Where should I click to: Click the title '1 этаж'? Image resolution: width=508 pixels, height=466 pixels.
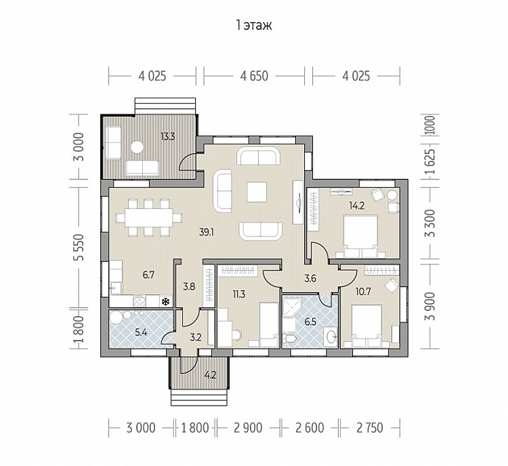[x=254, y=25]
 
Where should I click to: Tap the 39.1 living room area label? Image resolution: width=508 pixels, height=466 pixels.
[x=207, y=232]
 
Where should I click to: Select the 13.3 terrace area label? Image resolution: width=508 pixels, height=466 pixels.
[x=168, y=136]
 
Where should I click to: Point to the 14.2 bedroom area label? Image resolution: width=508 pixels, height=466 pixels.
[x=357, y=205]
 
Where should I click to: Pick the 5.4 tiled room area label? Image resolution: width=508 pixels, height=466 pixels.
[x=141, y=332]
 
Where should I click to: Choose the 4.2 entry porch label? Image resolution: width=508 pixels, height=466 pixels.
[x=210, y=375]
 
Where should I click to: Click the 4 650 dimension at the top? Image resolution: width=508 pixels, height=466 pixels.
[x=254, y=76]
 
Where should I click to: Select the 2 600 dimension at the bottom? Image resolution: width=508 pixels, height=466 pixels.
[x=310, y=428]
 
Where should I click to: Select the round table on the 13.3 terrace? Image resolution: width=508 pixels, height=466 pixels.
[x=137, y=148]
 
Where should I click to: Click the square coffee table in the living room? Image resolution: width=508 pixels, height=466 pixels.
[x=257, y=192]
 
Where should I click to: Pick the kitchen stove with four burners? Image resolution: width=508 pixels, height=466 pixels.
[x=140, y=301]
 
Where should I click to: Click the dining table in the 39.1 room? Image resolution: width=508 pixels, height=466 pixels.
[x=149, y=217]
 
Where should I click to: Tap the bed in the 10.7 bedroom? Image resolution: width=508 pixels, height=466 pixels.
[x=366, y=326]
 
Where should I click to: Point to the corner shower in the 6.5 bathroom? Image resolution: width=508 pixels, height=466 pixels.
[x=292, y=308]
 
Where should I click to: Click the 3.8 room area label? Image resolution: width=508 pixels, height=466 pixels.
[x=189, y=287]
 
